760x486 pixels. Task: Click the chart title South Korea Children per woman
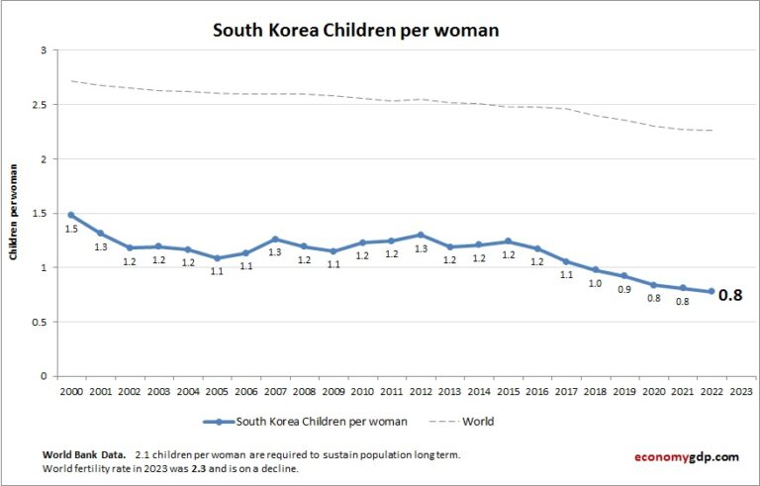pos(355,31)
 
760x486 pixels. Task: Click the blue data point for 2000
pos(71,215)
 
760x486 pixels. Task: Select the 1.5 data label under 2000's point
pos(71,230)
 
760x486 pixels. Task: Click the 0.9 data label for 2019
pos(625,290)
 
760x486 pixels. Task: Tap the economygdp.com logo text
pos(686,456)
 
